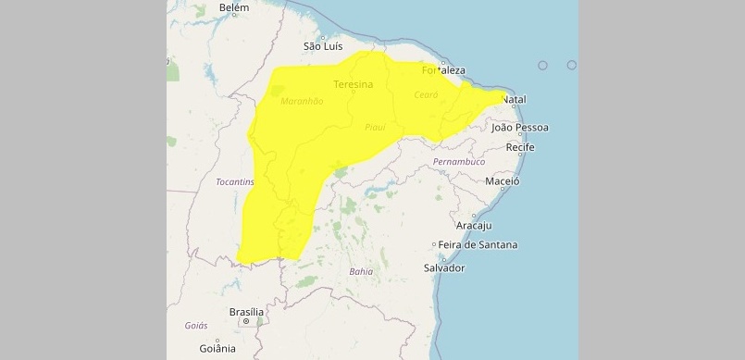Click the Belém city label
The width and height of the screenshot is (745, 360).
234,7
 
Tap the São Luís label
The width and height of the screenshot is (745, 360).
324,45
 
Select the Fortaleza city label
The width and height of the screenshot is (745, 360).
442,69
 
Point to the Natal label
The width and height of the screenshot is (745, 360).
514,99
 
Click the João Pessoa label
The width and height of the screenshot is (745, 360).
520,127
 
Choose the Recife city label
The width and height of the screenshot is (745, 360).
520,147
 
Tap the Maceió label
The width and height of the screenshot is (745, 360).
503,181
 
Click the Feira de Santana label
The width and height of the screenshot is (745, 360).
478,244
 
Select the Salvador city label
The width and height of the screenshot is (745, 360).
443,267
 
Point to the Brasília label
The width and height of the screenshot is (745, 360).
245,312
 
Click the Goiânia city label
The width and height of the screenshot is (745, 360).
217,349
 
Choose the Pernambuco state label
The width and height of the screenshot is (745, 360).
459,162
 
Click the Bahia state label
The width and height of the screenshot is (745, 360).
362,271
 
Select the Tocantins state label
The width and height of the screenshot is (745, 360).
234,182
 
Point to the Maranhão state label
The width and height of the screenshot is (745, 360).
302,101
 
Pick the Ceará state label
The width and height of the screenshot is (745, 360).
426,94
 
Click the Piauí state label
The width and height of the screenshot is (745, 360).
375,127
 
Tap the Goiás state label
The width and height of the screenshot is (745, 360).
196,326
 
